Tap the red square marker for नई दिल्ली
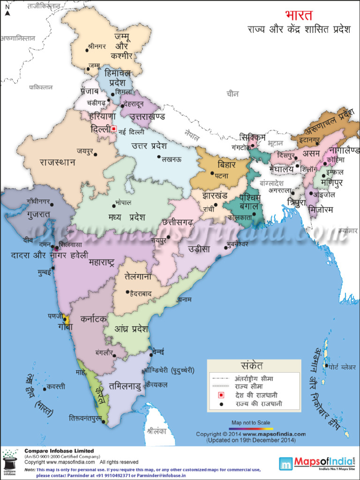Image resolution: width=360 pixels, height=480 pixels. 113,128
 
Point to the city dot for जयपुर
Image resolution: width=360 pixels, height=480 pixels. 95,154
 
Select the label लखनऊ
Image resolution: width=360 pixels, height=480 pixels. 172,159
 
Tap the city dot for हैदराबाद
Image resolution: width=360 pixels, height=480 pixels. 127,292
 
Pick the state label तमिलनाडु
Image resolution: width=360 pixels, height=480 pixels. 124,386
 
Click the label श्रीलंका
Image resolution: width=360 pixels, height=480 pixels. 157,428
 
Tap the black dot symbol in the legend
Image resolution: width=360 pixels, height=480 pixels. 221,404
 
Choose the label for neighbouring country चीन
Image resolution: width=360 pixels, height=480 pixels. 232,94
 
